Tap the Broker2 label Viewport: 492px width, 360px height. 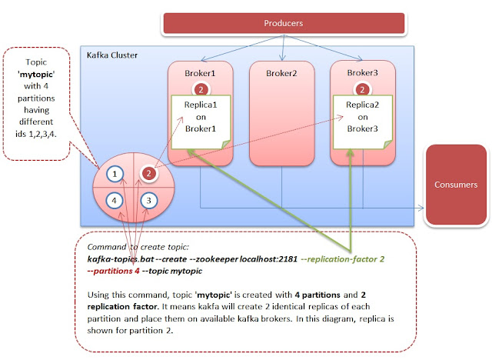click(284, 75)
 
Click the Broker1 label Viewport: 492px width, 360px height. click(199, 75)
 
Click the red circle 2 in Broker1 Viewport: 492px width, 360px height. click(199, 91)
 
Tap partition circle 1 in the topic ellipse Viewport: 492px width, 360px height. click(115, 175)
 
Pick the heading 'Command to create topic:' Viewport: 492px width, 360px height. click(132, 247)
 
